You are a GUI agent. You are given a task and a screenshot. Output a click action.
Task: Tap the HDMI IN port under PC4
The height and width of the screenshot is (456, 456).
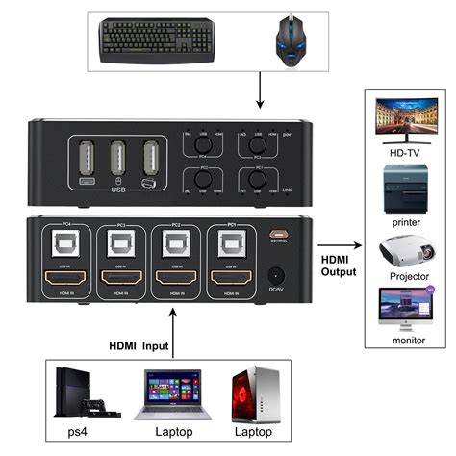pyautogui.click(x=65, y=280)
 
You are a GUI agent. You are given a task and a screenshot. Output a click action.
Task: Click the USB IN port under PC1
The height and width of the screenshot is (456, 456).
pyautogui.click(x=228, y=249)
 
